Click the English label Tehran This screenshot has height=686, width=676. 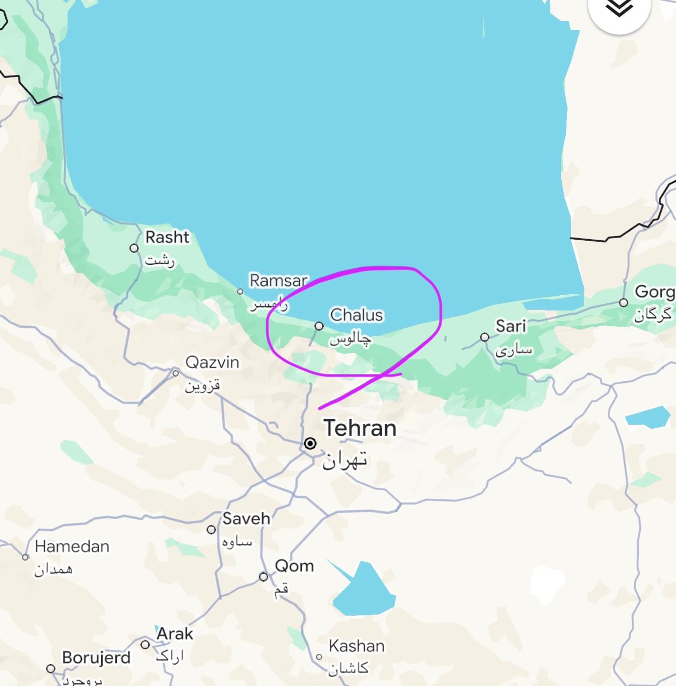(359, 428)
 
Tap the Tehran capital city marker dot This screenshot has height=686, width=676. (310, 444)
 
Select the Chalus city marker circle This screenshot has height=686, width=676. (319, 326)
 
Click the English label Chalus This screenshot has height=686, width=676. (356, 315)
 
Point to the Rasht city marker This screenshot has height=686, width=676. (135, 248)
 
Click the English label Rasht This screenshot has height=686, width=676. (167, 237)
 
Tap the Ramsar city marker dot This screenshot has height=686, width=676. (240, 292)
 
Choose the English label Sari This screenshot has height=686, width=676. (510, 326)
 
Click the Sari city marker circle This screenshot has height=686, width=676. (485, 337)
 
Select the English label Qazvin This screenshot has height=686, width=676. (212, 362)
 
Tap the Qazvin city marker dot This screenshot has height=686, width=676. (176, 373)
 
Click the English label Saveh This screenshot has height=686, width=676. (246, 519)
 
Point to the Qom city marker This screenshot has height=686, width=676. (264, 577)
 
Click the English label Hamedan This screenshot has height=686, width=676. (72, 546)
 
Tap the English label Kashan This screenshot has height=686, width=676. (356, 646)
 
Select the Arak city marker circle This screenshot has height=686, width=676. (145, 645)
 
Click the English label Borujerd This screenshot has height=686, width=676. (96, 657)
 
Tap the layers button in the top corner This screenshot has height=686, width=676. (619, 9)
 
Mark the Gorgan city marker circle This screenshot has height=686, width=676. (624, 303)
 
